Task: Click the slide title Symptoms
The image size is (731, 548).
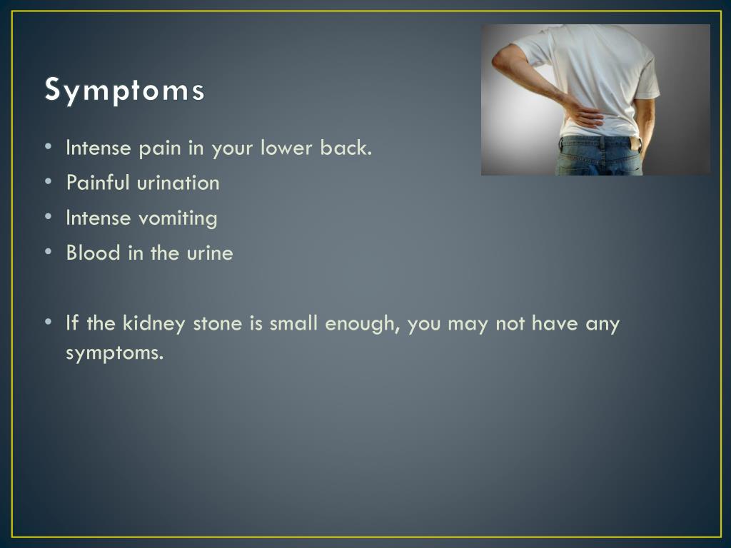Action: pos(124,89)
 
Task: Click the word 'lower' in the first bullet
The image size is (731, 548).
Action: pos(286,148)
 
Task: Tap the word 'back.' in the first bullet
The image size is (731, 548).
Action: pos(346,148)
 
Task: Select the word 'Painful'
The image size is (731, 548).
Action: pos(98,182)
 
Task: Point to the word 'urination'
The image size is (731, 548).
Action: pos(178,183)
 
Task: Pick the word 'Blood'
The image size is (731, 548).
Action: pos(94,253)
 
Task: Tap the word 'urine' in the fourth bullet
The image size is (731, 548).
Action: pos(210,253)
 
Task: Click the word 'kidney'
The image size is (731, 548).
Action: pos(154,324)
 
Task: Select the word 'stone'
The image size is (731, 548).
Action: pos(218,323)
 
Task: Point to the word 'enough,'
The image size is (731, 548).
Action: pos(362,324)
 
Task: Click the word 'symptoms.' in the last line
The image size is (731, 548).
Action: pos(115,352)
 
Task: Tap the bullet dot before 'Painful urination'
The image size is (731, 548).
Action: pos(49,182)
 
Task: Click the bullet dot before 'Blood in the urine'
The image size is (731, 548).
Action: pos(49,252)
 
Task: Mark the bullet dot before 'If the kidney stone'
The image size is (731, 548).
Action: pos(49,322)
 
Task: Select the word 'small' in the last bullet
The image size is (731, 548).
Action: pos(293,323)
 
